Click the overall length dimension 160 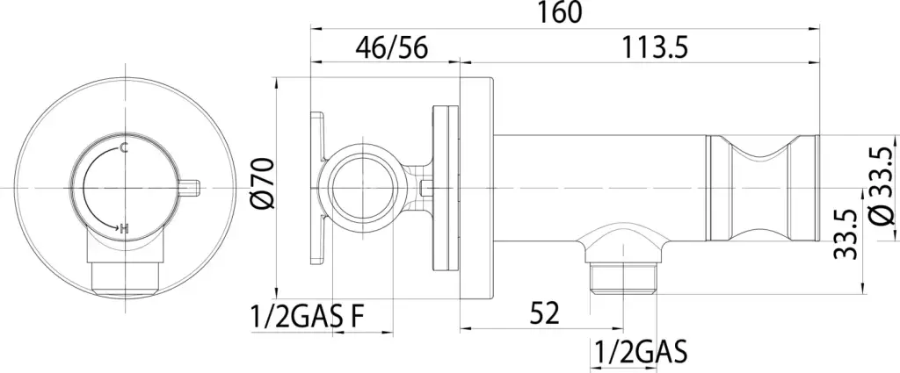tap(559, 12)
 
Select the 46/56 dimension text tap(391, 47)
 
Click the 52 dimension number tap(542, 313)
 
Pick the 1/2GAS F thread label tap(307, 316)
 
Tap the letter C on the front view tap(124, 148)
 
